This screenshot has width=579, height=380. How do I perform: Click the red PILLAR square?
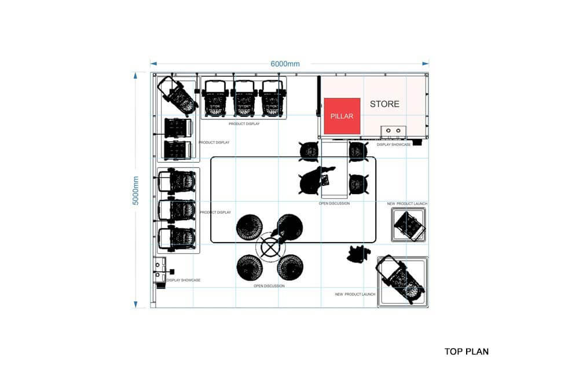click(342, 116)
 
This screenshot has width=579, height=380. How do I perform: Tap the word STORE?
click(384, 104)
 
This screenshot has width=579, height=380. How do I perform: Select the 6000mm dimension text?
click(285, 64)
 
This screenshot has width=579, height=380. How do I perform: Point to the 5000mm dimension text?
click(136, 190)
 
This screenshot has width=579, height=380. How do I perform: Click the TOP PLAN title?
click(466, 351)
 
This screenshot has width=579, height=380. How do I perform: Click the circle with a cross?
click(269, 247)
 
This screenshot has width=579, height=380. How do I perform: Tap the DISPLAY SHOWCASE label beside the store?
click(394, 144)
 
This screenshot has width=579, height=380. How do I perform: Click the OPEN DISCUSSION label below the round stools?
click(269, 286)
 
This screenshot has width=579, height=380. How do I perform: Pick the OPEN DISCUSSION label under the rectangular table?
click(334, 203)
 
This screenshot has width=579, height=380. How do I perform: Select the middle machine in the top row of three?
click(244, 97)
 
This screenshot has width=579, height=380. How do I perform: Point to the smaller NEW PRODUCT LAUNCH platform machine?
click(409, 225)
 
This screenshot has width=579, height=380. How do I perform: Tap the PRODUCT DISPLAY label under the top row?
click(244, 123)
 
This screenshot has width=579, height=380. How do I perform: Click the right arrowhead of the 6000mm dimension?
click(426, 64)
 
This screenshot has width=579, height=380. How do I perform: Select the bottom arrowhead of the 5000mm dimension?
click(136, 305)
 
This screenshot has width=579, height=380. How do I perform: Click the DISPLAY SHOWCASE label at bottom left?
click(183, 280)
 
